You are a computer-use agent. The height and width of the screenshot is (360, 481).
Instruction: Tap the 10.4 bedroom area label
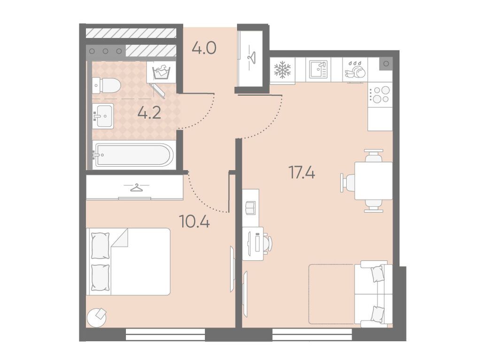coord(195,221)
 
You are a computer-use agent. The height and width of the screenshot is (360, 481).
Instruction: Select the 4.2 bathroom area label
coord(149,113)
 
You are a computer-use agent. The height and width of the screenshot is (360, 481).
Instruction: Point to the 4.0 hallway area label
coord(204,48)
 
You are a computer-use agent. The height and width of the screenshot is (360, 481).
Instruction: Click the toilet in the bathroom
coord(106,85)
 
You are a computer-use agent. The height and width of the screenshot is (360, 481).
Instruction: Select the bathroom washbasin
coord(103,115)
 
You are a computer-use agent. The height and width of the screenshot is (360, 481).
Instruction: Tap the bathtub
coord(133,155)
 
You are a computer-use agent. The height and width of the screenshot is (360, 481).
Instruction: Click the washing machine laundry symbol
coord(161,72)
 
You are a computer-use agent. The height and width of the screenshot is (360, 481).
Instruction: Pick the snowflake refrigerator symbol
coord(282,69)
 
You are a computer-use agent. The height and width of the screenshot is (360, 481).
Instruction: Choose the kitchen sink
coord(318,69)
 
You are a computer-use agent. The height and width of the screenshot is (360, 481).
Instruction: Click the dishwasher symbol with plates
coord(355,69)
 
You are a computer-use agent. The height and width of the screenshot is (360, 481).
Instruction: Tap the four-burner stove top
coord(380,95)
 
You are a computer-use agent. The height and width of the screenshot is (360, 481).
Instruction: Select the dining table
coord(373,181)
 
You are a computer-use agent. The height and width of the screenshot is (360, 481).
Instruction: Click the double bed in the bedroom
coord(128,261)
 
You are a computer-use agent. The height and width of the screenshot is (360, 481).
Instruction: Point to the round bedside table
coord(97,318)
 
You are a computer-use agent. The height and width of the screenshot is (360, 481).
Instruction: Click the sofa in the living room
coord(373,294)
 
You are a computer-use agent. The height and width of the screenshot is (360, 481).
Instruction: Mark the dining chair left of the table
coord(348,183)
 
